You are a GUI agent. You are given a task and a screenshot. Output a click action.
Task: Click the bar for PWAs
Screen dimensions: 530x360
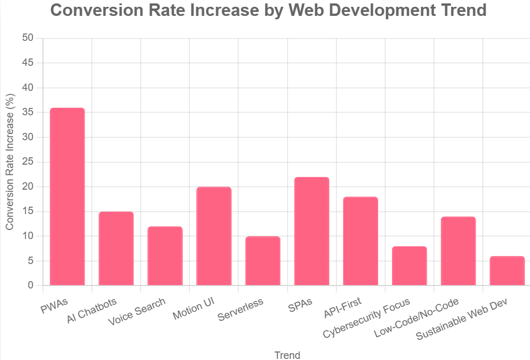point(68,196)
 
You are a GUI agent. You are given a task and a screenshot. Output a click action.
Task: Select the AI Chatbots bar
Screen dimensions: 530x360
point(116,249)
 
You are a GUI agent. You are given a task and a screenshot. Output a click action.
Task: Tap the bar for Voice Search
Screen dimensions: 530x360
point(165,256)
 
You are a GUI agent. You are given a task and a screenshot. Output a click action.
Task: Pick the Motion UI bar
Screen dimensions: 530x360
point(214,236)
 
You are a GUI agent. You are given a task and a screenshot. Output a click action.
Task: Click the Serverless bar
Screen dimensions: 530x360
point(263,261)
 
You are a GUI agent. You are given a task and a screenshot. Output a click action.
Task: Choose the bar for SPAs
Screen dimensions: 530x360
point(312,231)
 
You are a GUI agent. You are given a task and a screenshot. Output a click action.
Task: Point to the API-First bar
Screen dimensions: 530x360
point(360,241)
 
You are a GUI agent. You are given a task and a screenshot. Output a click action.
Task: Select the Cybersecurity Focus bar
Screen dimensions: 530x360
point(409,266)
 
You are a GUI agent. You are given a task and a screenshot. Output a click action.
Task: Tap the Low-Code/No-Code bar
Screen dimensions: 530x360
point(458,251)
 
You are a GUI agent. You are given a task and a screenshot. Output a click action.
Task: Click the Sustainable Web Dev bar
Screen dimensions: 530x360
point(507,271)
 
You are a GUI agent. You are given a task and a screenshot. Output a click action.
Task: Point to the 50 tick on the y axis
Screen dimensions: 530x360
point(28,38)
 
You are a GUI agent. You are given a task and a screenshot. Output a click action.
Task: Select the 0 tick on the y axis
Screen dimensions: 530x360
point(31,286)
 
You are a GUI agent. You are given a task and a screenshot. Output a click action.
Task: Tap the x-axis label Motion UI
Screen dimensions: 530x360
point(193,307)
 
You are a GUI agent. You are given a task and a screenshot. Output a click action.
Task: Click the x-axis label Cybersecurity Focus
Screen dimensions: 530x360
point(366,317)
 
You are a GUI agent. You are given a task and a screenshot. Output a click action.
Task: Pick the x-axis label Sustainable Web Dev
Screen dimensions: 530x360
point(461,318)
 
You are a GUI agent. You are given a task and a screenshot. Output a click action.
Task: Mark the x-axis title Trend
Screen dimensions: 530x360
point(287,355)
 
